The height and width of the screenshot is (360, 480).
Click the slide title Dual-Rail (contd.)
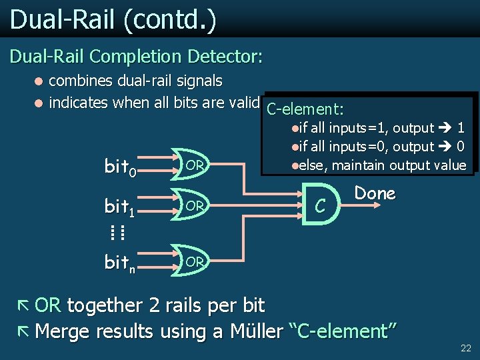[113, 19]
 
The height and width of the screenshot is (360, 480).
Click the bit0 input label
[121, 167]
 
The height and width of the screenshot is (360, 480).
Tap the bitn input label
[121, 263]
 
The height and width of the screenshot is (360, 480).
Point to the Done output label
[375, 193]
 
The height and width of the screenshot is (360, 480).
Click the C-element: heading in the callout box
[304, 109]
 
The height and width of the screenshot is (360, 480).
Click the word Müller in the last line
[255, 331]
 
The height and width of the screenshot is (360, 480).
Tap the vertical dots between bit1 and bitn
[119, 233]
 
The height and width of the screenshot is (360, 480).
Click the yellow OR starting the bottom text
[47, 306]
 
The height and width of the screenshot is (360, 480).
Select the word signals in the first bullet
[197, 81]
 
